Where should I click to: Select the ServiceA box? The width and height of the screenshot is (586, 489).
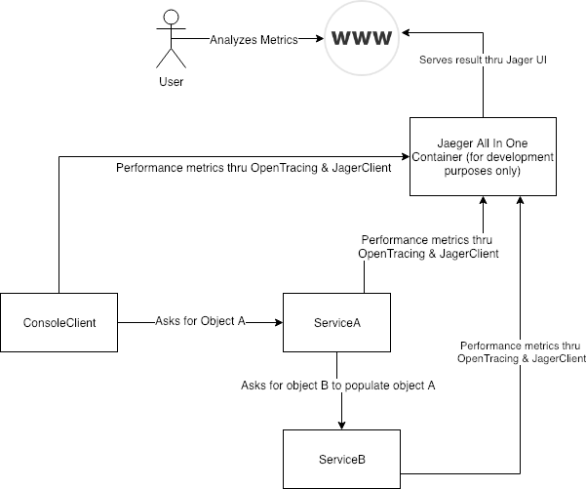(336, 322)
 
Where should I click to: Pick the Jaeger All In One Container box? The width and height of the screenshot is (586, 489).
(483, 157)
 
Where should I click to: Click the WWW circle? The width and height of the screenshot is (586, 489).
(363, 39)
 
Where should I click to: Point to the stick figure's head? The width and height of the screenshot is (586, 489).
(172, 17)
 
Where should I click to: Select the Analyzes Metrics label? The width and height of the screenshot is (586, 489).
(253, 39)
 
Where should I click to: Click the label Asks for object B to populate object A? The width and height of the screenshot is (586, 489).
(338, 386)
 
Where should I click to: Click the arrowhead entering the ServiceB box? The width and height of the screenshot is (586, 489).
(341, 425)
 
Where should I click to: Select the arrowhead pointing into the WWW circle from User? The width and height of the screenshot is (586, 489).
(321, 39)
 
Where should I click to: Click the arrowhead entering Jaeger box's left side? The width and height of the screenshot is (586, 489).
(404, 153)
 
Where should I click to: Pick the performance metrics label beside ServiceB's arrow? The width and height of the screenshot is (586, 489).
(523, 352)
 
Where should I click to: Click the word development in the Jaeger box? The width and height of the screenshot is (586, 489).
(517, 157)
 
